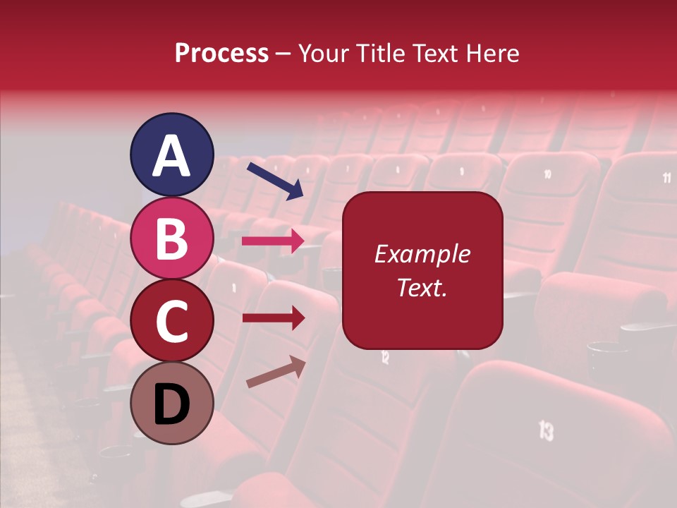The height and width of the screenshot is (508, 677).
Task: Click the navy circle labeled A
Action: (x=171, y=155)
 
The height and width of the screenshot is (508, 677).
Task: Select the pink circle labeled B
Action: (x=171, y=238)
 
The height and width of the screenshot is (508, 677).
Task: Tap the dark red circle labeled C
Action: (x=171, y=320)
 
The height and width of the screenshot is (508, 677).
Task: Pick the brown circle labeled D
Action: (x=171, y=403)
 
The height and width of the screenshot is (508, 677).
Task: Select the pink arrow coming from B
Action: (x=273, y=241)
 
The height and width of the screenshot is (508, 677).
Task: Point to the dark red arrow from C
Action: (x=273, y=318)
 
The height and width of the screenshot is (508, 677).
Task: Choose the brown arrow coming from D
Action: (x=276, y=372)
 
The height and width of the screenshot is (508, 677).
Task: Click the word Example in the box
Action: (x=422, y=254)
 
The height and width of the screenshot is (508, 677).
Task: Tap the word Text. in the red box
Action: (x=422, y=287)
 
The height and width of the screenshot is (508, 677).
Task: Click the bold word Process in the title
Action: (x=221, y=53)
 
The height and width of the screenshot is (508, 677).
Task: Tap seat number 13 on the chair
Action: (x=546, y=430)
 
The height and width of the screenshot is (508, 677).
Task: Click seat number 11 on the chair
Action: (x=666, y=178)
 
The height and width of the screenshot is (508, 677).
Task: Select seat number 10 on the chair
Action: (x=547, y=174)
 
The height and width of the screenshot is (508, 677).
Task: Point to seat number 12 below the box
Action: (x=385, y=357)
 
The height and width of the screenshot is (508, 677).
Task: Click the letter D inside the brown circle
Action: (x=171, y=404)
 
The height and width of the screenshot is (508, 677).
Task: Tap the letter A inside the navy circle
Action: (x=171, y=156)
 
